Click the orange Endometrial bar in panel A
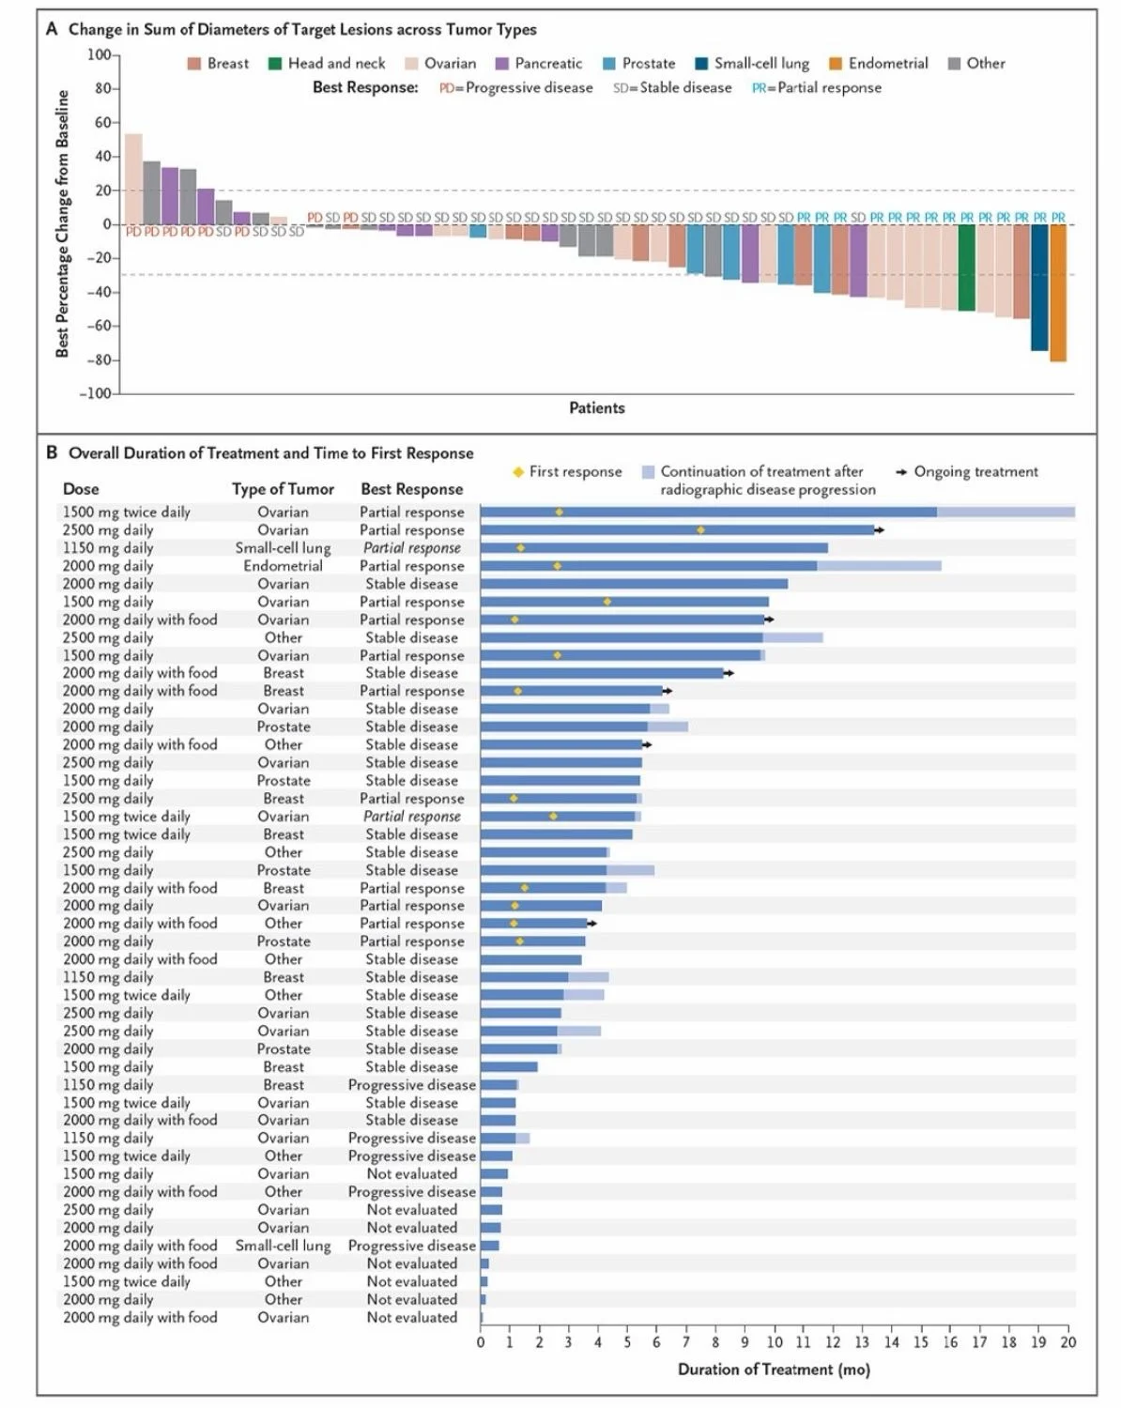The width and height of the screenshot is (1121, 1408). click(x=1057, y=293)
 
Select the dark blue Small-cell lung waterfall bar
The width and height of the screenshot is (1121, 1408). click(x=1039, y=287)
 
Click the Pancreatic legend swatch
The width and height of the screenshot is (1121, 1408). click(x=501, y=64)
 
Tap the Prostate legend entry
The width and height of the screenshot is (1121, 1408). click(x=638, y=64)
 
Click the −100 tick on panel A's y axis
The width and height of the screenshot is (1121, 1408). click(x=97, y=393)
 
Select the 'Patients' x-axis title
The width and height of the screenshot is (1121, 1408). click(x=596, y=407)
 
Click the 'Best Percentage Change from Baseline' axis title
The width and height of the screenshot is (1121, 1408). click(x=63, y=223)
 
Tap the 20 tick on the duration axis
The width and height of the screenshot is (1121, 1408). click(x=1068, y=1342)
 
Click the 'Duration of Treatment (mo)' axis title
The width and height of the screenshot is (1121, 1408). click(x=774, y=1370)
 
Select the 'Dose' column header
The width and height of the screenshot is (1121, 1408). click(x=81, y=489)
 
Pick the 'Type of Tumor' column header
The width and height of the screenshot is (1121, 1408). click(x=283, y=489)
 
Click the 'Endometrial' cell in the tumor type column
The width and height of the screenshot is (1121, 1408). click(x=283, y=566)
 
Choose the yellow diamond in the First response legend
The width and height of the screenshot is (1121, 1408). click(x=517, y=472)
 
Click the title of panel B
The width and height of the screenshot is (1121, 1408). click(x=270, y=453)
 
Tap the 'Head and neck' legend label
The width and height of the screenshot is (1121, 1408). click(x=336, y=64)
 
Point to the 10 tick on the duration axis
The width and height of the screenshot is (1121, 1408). click(x=775, y=1342)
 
